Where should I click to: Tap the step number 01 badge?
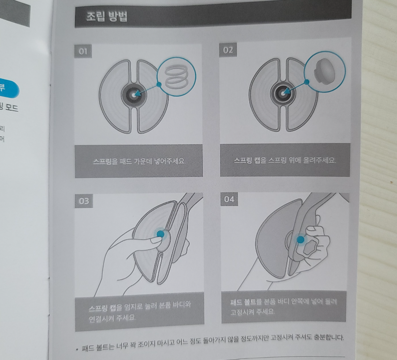83,52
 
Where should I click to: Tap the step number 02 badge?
228,50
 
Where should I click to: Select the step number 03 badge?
84,201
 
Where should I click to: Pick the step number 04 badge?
229,199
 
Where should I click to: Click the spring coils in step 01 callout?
176,75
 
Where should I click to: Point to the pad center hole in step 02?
283,92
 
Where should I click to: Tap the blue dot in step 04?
300,240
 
